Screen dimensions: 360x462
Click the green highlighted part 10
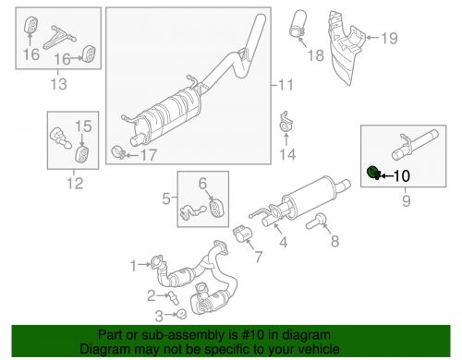click(x=372, y=172)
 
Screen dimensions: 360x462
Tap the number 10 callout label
click(x=404, y=174)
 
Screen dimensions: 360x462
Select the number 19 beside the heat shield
click(x=389, y=38)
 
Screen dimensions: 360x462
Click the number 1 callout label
click(x=133, y=266)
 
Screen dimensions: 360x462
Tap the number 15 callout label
click(x=83, y=126)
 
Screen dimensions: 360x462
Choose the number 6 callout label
click(x=201, y=183)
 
